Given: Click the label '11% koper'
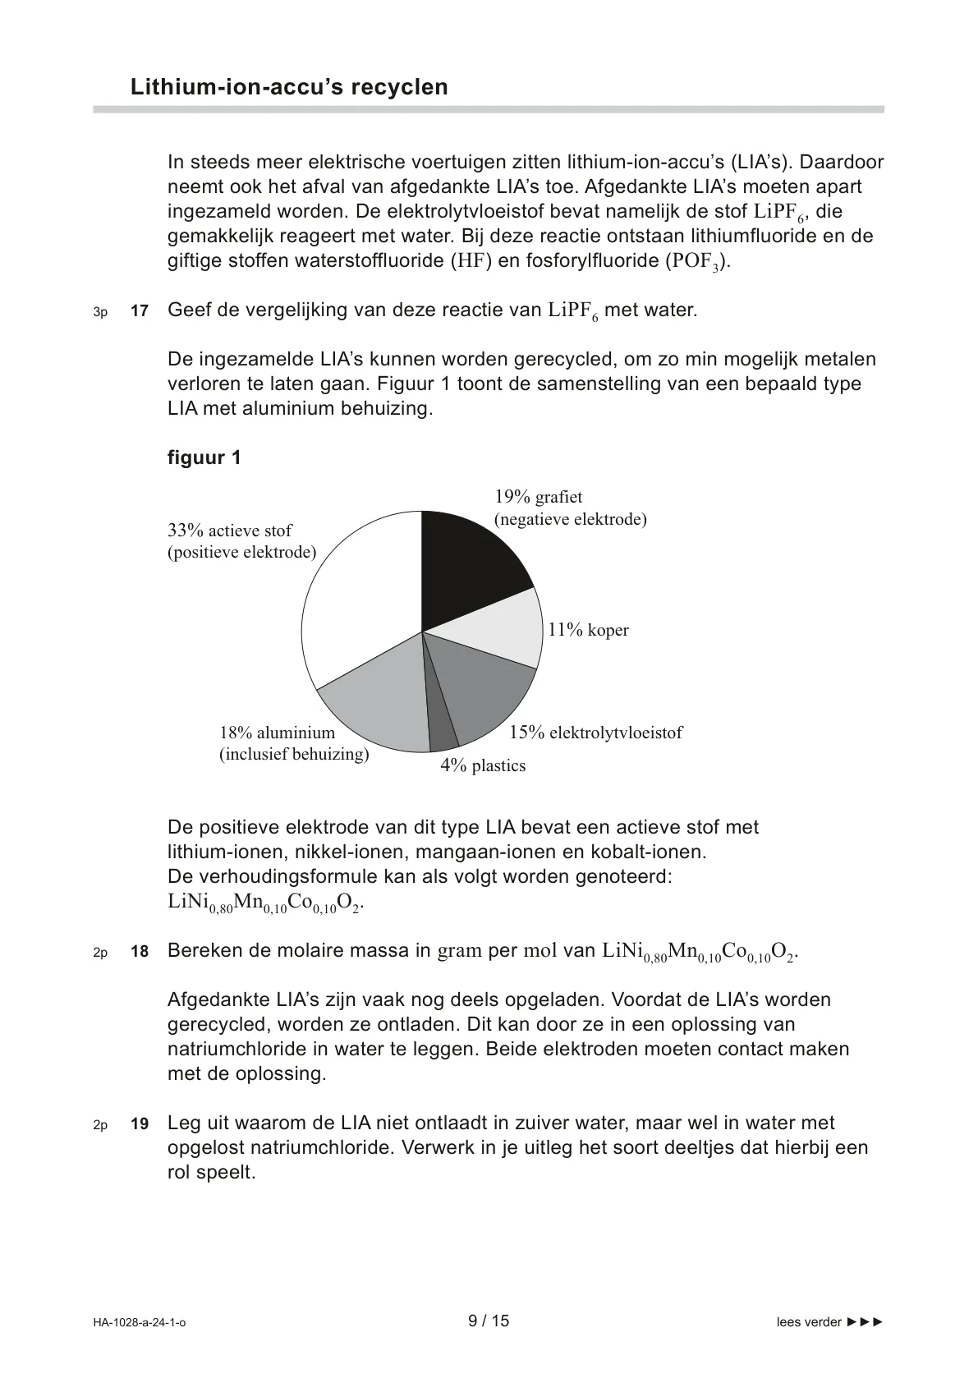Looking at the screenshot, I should pyautogui.click(x=588, y=630).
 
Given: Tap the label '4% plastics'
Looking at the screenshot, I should pyautogui.click(x=483, y=765).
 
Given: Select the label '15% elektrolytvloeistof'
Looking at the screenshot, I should pyautogui.click(x=595, y=733).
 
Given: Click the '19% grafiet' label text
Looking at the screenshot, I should pyautogui.click(x=539, y=497).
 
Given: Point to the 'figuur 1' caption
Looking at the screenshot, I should pyautogui.click(x=204, y=457).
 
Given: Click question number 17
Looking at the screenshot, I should pyautogui.click(x=140, y=311).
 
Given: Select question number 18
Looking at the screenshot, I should pyautogui.click(x=140, y=952).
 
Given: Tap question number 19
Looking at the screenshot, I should pyautogui.click(x=140, y=1124).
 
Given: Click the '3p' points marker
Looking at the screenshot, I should pyautogui.click(x=100, y=312).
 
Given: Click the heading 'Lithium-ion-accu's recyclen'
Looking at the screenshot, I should pyautogui.click(x=289, y=87).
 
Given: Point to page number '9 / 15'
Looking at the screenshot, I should pyautogui.click(x=489, y=1321).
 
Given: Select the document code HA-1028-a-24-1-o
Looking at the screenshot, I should pyautogui.click(x=140, y=1322).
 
